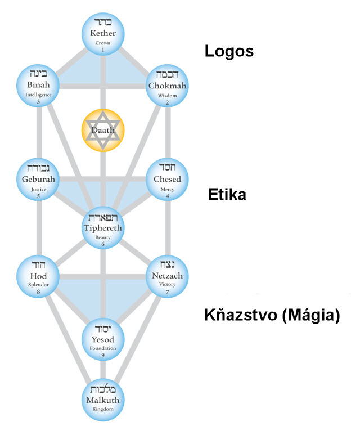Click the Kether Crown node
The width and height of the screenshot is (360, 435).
click(x=103, y=34)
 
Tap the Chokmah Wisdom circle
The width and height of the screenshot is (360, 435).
click(x=167, y=86)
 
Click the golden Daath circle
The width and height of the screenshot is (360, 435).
click(x=103, y=130)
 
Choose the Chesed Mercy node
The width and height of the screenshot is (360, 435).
click(x=167, y=180)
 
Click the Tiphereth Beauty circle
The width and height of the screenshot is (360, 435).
click(x=103, y=228)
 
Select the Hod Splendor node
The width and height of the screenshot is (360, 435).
click(x=38, y=276)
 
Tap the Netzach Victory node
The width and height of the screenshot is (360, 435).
click(x=167, y=276)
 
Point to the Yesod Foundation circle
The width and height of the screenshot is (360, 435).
click(x=103, y=339)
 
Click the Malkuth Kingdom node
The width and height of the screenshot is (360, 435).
click(x=103, y=401)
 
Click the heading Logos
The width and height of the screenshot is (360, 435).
click(x=228, y=52)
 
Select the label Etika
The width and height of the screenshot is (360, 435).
click(x=227, y=195)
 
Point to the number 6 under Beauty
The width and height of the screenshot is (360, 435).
click(x=103, y=245)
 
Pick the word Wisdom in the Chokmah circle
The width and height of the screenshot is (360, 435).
click(x=167, y=95)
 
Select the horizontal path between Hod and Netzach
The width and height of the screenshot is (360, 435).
click(x=103, y=276)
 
